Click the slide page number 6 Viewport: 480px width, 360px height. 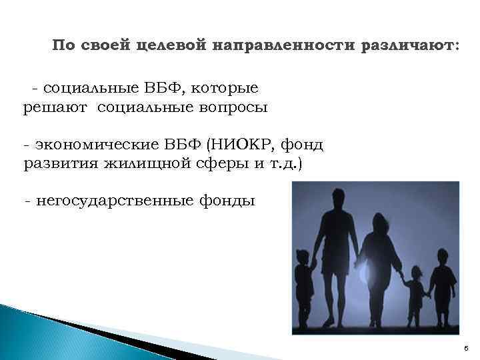tap(466, 348)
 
